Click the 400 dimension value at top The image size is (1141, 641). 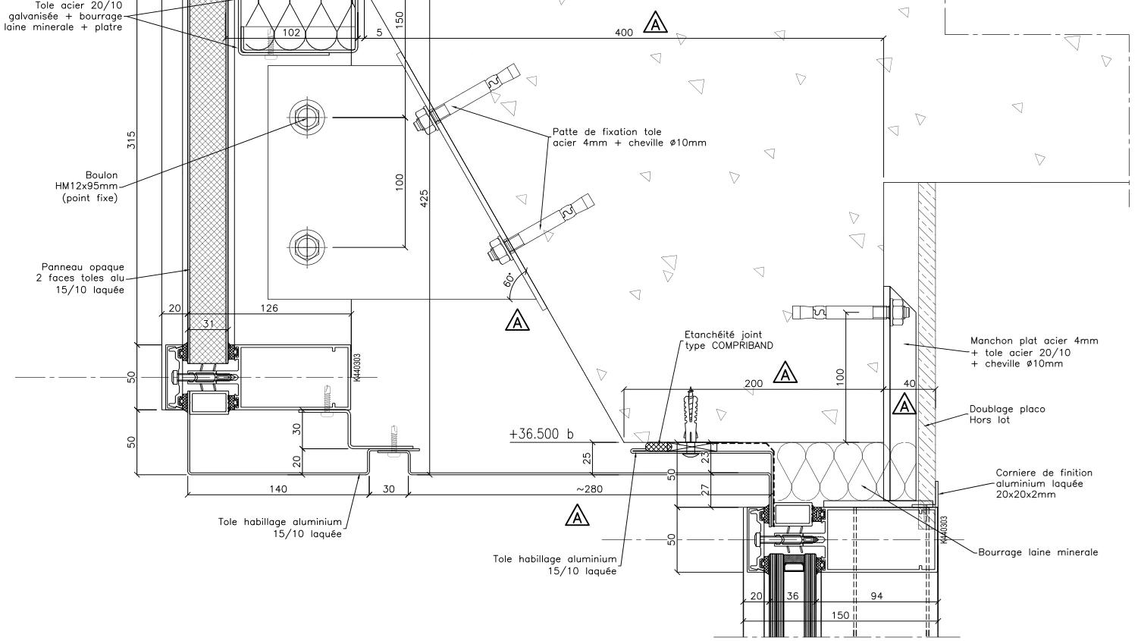tap(623, 33)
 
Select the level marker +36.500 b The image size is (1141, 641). tap(541, 434)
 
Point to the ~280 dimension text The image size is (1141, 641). tap(588, 489)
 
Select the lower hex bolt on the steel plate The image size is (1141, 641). tap(308, 247)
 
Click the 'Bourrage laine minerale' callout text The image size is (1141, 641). tap(1037, 552)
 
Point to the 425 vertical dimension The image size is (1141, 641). tap(424, 199)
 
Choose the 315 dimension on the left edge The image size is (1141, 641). tap(131, 140)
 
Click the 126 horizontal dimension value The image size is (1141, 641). tap(269, 308)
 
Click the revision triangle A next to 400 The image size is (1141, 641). tap(655, 24)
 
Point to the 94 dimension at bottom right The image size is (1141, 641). tap(876, 596)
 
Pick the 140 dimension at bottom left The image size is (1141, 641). tap(278, 489)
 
